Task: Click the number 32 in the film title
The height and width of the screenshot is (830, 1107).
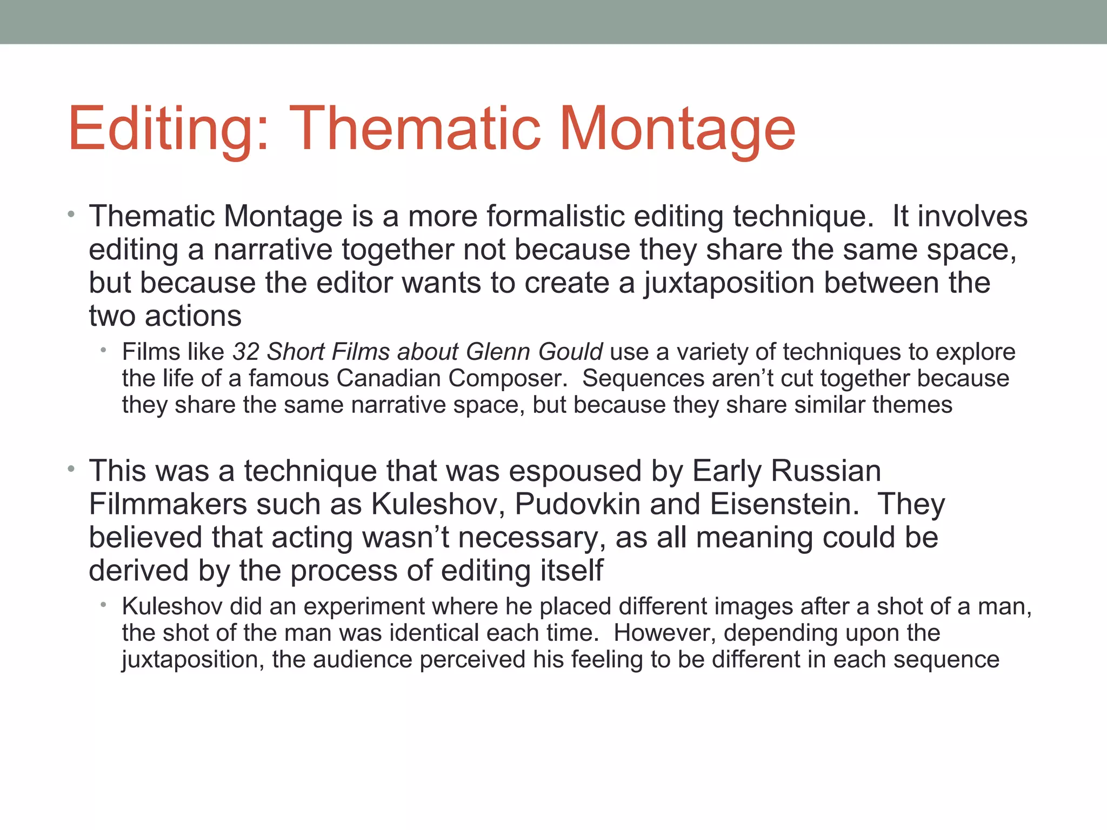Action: click(x=246, y=352)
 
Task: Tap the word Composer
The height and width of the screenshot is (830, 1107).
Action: click(x=507, y=378)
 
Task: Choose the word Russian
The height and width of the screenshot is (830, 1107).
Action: click(x=826, y=471)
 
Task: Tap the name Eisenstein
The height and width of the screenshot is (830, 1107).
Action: click(x=784, y=504)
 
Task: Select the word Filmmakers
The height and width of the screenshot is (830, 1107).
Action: click(x=168, y=504)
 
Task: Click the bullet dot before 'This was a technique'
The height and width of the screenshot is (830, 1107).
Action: click(x=71, y=470)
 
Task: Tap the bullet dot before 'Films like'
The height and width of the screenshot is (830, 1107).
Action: click(x=103, y=351)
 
